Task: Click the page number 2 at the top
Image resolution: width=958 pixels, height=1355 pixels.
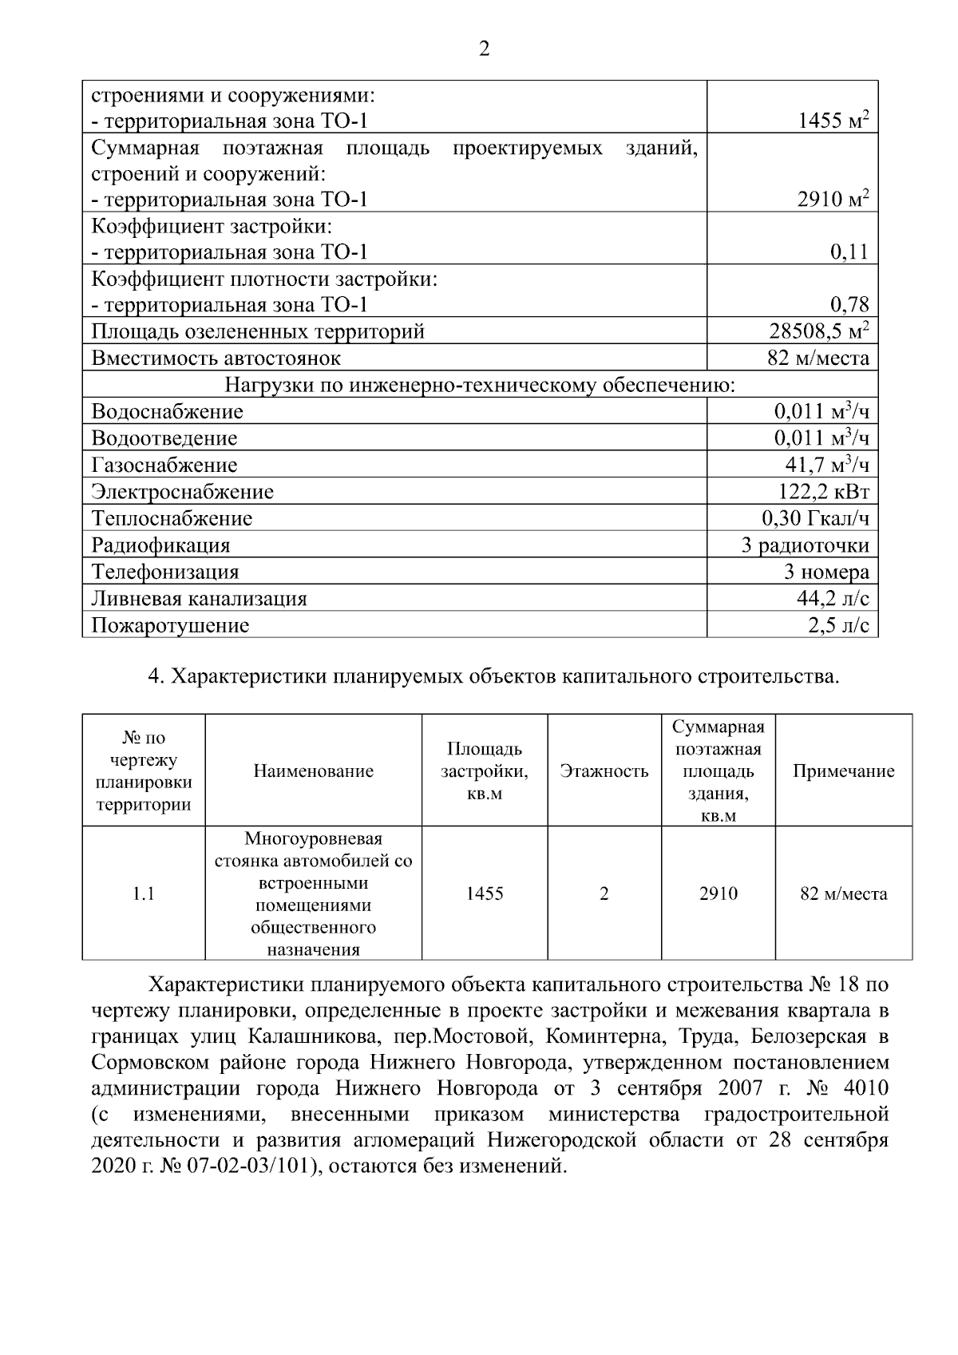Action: [484, 50]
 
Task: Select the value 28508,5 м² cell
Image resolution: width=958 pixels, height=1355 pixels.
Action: [818, 331]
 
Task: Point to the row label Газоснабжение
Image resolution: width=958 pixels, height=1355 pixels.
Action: [164, 466]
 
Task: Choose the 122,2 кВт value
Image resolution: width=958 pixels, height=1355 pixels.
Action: [823, 492]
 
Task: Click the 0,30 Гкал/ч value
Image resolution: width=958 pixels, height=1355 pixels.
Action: [815, 519]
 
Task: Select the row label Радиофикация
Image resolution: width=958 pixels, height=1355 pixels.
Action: [160, 546]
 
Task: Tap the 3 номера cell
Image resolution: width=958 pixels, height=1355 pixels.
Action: [826, 573]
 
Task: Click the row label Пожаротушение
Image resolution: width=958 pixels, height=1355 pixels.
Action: [170, 626]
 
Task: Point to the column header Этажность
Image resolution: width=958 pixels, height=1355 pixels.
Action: [604, 771]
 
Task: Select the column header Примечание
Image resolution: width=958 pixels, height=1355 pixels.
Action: [843, 771]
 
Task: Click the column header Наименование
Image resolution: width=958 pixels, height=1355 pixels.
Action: [314, 771]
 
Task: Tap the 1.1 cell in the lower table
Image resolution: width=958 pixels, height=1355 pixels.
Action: [144, 894]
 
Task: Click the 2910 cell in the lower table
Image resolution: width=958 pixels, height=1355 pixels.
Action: [718, 894]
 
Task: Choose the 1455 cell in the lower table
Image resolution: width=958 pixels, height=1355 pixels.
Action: [485, 894]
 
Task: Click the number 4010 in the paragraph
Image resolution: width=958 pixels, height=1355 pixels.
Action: [864, 1089]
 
